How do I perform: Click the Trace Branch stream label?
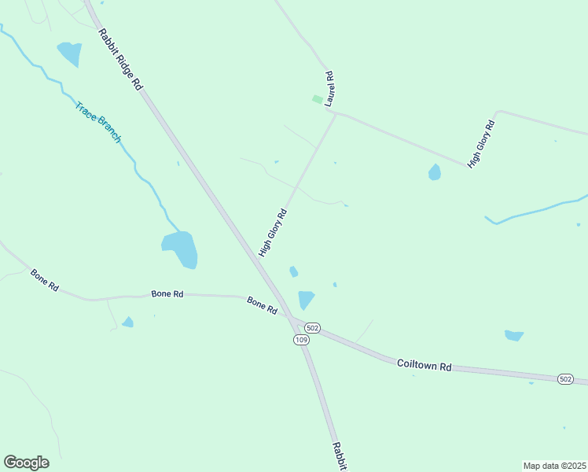coord(98,122)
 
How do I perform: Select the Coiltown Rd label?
coord(424,365)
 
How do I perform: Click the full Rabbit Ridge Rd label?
coord(120,59)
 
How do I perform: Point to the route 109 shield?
coord(301,339)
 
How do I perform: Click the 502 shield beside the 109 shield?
coord(312,327)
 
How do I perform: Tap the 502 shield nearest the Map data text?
coord(565,379)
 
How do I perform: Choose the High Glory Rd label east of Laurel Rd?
coord(481,144)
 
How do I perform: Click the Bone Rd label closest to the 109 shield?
coord(262,305)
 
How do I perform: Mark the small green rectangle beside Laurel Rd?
coord(317,100)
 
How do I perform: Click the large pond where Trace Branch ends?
coord(180,249)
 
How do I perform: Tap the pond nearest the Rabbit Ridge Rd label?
coord(69,53)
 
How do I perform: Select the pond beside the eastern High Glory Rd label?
coord(435,171)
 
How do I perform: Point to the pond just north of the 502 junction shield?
coord(306,299)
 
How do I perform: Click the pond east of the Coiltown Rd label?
coord(513,336)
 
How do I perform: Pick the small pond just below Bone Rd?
coord(127,322)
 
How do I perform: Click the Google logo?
coord(26,463)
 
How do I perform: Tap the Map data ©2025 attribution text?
coord(554,466)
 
